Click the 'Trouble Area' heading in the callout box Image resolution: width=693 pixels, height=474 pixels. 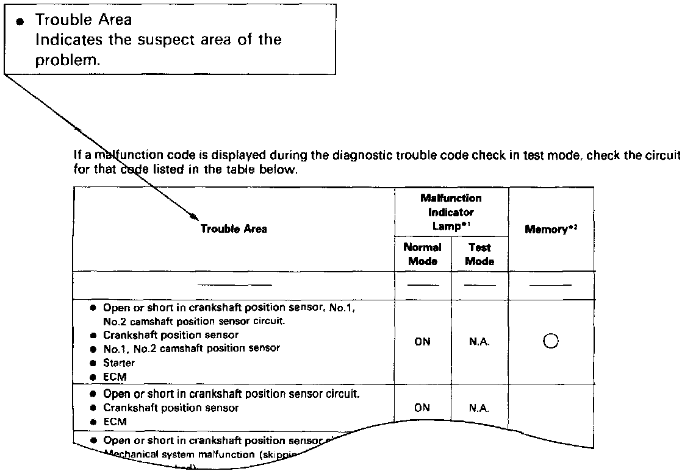pos(84,19)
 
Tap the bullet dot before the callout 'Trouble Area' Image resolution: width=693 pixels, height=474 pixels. pos(21,21)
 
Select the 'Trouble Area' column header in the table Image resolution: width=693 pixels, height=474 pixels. pos(234,229)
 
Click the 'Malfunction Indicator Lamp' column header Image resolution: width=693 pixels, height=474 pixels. pos(451,212)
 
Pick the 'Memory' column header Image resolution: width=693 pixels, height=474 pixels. pos(551,230)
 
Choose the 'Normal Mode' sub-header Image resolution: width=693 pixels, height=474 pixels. pos(422,254)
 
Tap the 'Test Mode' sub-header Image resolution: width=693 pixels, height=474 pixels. pos(479,254)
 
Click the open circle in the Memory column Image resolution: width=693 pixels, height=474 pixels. pos(551,342)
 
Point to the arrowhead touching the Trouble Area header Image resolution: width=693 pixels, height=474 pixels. pos(194,216)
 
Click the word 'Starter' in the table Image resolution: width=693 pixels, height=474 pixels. pos(119,363)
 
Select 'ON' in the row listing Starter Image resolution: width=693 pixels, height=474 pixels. pos(422,342)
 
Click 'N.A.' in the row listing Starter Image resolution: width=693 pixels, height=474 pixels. pos(479,342)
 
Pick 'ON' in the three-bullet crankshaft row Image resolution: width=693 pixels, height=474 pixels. pos(422,408)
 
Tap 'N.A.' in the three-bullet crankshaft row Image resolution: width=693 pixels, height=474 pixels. pos(479,408)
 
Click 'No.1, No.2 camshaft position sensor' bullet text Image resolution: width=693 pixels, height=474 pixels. pos(192,348)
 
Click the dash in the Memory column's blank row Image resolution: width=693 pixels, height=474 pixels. pos(551,285)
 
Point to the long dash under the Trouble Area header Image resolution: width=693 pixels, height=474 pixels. pos(234,285)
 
